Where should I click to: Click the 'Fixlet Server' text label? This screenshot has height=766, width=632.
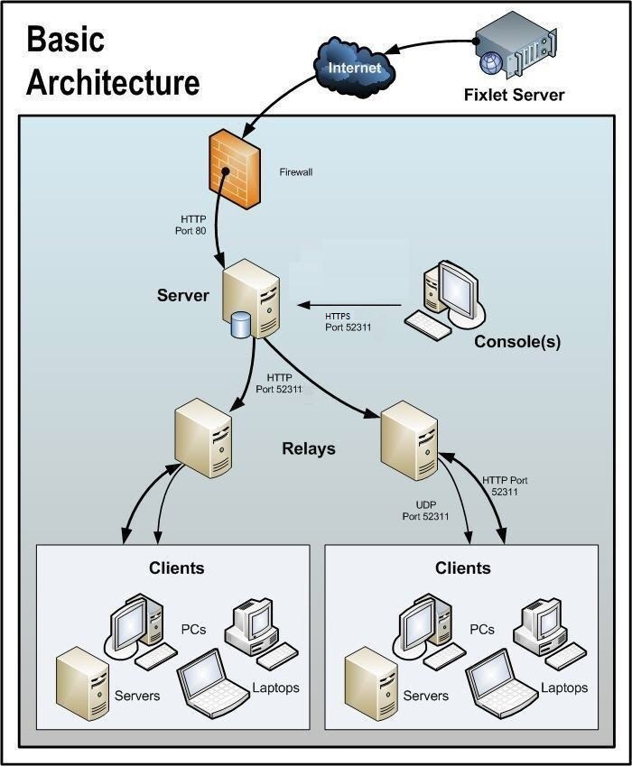pos(514,95)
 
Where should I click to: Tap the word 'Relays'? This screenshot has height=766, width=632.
pos(308,448)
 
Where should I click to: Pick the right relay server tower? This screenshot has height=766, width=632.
pos(408,441)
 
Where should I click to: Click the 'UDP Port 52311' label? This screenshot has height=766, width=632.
pos(425,511)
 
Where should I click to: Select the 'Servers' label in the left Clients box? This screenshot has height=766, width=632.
pos(137,696)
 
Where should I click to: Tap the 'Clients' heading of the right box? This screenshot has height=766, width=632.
pos(462,568)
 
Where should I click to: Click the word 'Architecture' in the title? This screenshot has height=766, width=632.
pos(112,82)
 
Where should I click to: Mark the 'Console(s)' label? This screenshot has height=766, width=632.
pos(516,342)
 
